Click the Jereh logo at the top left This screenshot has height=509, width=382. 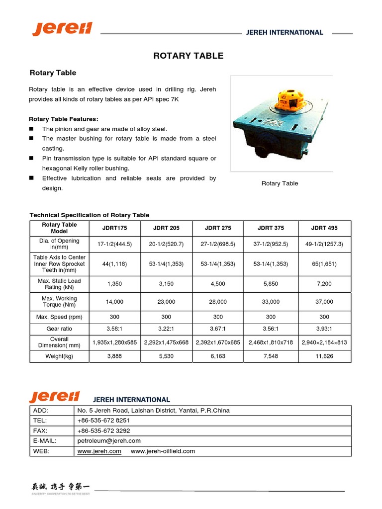[x=62, y=29]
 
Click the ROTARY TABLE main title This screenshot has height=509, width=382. [x=189, y=56]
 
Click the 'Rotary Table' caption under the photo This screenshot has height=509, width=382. [x=280, y=183]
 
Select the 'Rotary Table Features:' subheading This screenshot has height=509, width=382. [x=64, y=119]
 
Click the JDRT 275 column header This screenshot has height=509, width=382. [x=218, y=228]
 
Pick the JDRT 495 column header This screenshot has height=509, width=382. [x=324, y=228]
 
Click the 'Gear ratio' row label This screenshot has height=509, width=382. [x=60, y=329]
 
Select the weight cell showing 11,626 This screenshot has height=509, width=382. [x=324, y=356]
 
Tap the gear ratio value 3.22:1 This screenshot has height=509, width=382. [x=166, y=329]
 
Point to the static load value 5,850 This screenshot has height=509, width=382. [x=271, y=284]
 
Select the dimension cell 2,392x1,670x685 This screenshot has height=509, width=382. [x=218, y=342]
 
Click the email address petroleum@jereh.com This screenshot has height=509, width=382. [x=109, y=441]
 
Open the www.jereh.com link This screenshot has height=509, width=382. [x=99, y=451]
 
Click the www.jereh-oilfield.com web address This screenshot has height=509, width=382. [x=163, y=451]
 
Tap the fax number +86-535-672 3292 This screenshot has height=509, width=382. [x=103, y=431]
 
